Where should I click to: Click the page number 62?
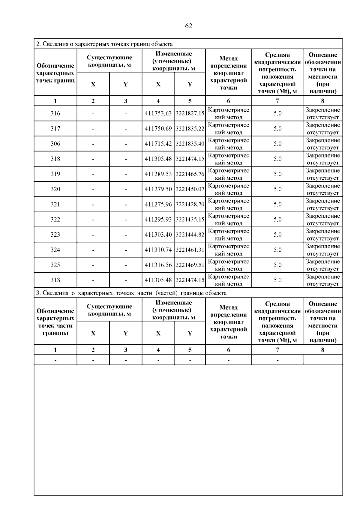click(189, 26)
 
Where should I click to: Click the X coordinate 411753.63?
click(158, 113)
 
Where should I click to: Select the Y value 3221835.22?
click(190, 129)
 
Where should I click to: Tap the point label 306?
click(55, 144)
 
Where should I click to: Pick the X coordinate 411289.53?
click(158, 174)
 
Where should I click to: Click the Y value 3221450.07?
click(190, 189)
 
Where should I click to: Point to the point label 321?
click(55, 204)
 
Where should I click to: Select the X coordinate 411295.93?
click(158, 220)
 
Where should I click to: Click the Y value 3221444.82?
click(190, 235)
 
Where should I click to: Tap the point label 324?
click(55, 250)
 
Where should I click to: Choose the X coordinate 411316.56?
click(158, 265)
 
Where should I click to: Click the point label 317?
click(55, 129)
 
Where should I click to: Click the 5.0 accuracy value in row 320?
click(277, 189)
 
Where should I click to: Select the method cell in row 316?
click(229, 113)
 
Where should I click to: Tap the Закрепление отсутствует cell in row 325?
click(323, 265)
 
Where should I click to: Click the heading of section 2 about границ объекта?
click(104, 44)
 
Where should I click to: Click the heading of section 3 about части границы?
click(131, 293)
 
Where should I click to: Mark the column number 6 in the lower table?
click(229, 350)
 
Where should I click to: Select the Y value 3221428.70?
click(190, 204)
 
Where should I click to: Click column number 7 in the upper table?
click(277, 101)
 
